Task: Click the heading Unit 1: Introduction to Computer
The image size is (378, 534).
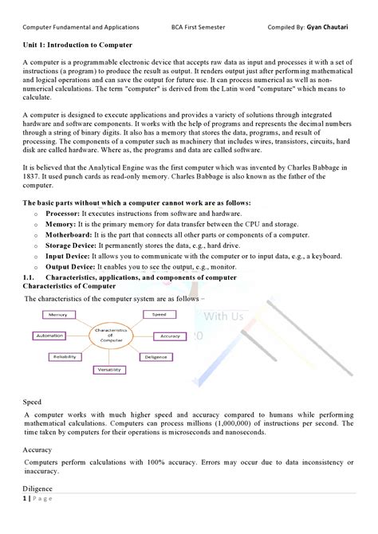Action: [77, 45]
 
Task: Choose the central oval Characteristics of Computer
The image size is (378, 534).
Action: [112, 335]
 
